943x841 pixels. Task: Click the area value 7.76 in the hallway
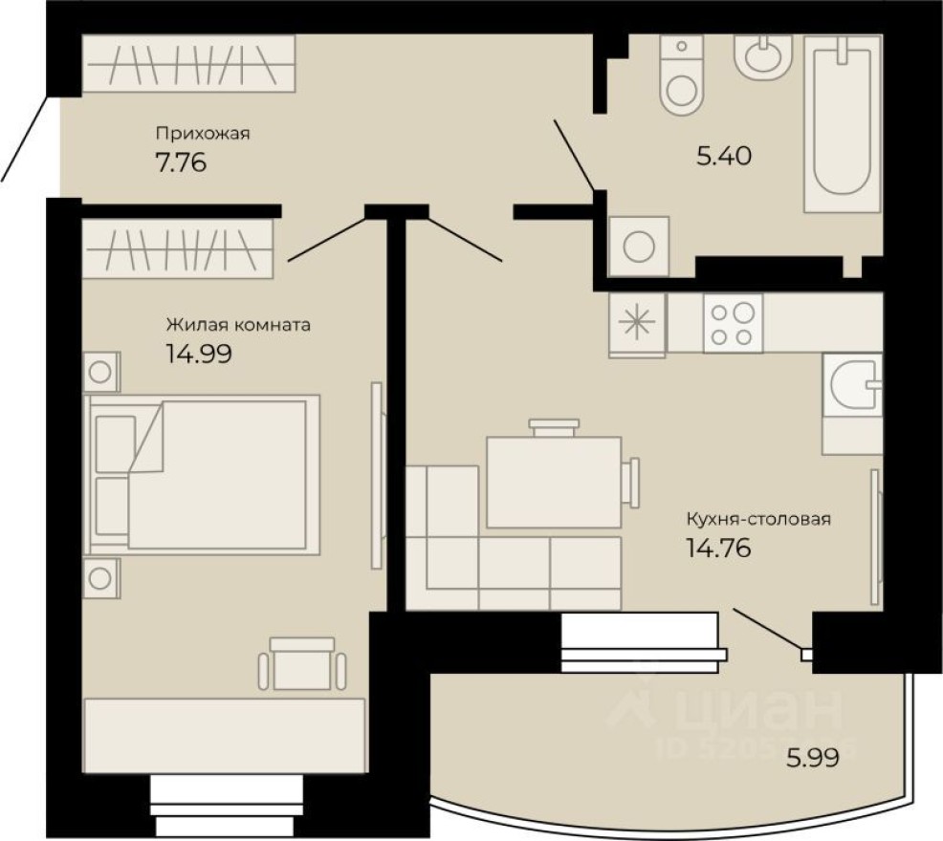pos(181,162)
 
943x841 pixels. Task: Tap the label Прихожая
pos(202,134)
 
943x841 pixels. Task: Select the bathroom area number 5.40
pos(724,155)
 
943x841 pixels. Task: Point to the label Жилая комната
pos(238,325)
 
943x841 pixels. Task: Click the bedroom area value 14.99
pos(199,354)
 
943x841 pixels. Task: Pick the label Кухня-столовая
pos(757,520)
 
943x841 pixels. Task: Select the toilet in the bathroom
pos(682,79)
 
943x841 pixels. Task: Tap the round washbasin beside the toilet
pos(762,54)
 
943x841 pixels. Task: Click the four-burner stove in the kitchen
pos(733,323)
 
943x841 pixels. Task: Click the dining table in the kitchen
pos(554,481)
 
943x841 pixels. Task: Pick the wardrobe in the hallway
pos(188,64)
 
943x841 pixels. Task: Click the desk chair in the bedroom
pos(301,663)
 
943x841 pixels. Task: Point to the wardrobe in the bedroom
pos(179,248)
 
